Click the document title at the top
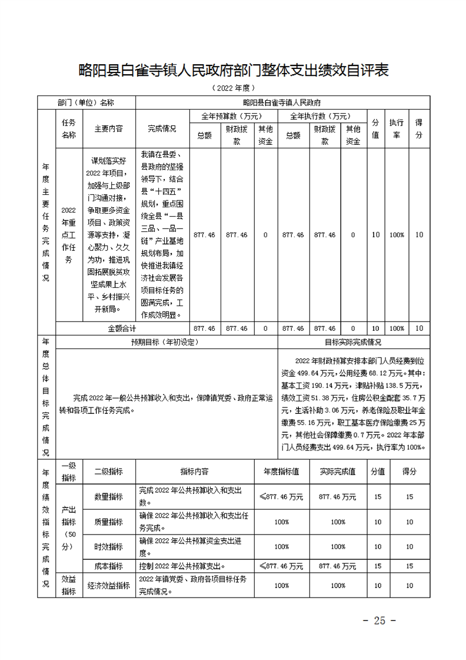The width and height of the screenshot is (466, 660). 234,71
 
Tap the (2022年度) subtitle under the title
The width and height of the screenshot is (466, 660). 233,88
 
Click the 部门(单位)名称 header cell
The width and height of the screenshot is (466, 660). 86,102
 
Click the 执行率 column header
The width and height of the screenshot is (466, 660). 396,128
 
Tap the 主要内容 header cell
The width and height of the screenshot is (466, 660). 109,128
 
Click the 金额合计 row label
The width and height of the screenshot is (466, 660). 122,328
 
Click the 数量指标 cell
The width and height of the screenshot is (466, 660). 109,497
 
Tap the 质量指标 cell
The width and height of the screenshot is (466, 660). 109,522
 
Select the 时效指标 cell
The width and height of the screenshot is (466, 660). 109,547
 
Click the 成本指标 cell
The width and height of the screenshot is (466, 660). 109,566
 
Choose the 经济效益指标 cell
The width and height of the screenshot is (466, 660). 109,585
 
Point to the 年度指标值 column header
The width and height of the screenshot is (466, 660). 281,472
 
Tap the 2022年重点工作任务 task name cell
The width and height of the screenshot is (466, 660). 69,235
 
